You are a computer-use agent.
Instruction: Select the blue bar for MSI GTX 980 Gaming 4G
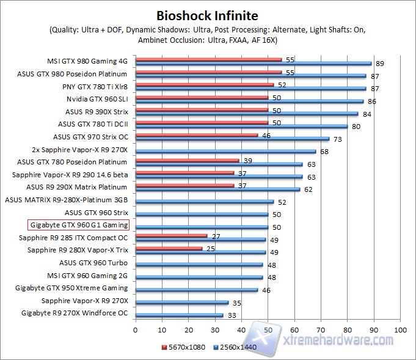pyautogui.click(x=253, y=63)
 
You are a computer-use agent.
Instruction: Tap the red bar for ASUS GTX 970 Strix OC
pyautogui.click(x=196, y=134)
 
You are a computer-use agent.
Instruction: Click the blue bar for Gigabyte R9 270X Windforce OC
pyautogui.click(x=179, y=315)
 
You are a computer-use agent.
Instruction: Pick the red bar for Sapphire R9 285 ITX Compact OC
pyautogui.click(x=171, y=235)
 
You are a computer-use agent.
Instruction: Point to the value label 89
pyautogui.click(x=380, y=63)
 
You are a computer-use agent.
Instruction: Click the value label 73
pyautogui.click(x=337, y=139)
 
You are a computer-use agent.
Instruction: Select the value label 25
pyautogui.click(x=210, y=248)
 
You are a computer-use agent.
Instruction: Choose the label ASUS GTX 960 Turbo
pyautogui.click(x=92, y=263)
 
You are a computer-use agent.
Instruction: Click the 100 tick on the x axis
pyautogui.click(x=400, y=330)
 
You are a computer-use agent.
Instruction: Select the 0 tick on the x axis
pyautogui.click(x=135, y=330)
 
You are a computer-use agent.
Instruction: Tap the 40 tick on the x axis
pyautogui.click(x=241, y=330)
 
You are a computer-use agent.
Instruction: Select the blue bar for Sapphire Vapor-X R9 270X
pyautogui.click(x=181, y=303)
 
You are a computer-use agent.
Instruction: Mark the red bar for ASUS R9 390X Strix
pyautogui.click(x=202, y=109)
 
